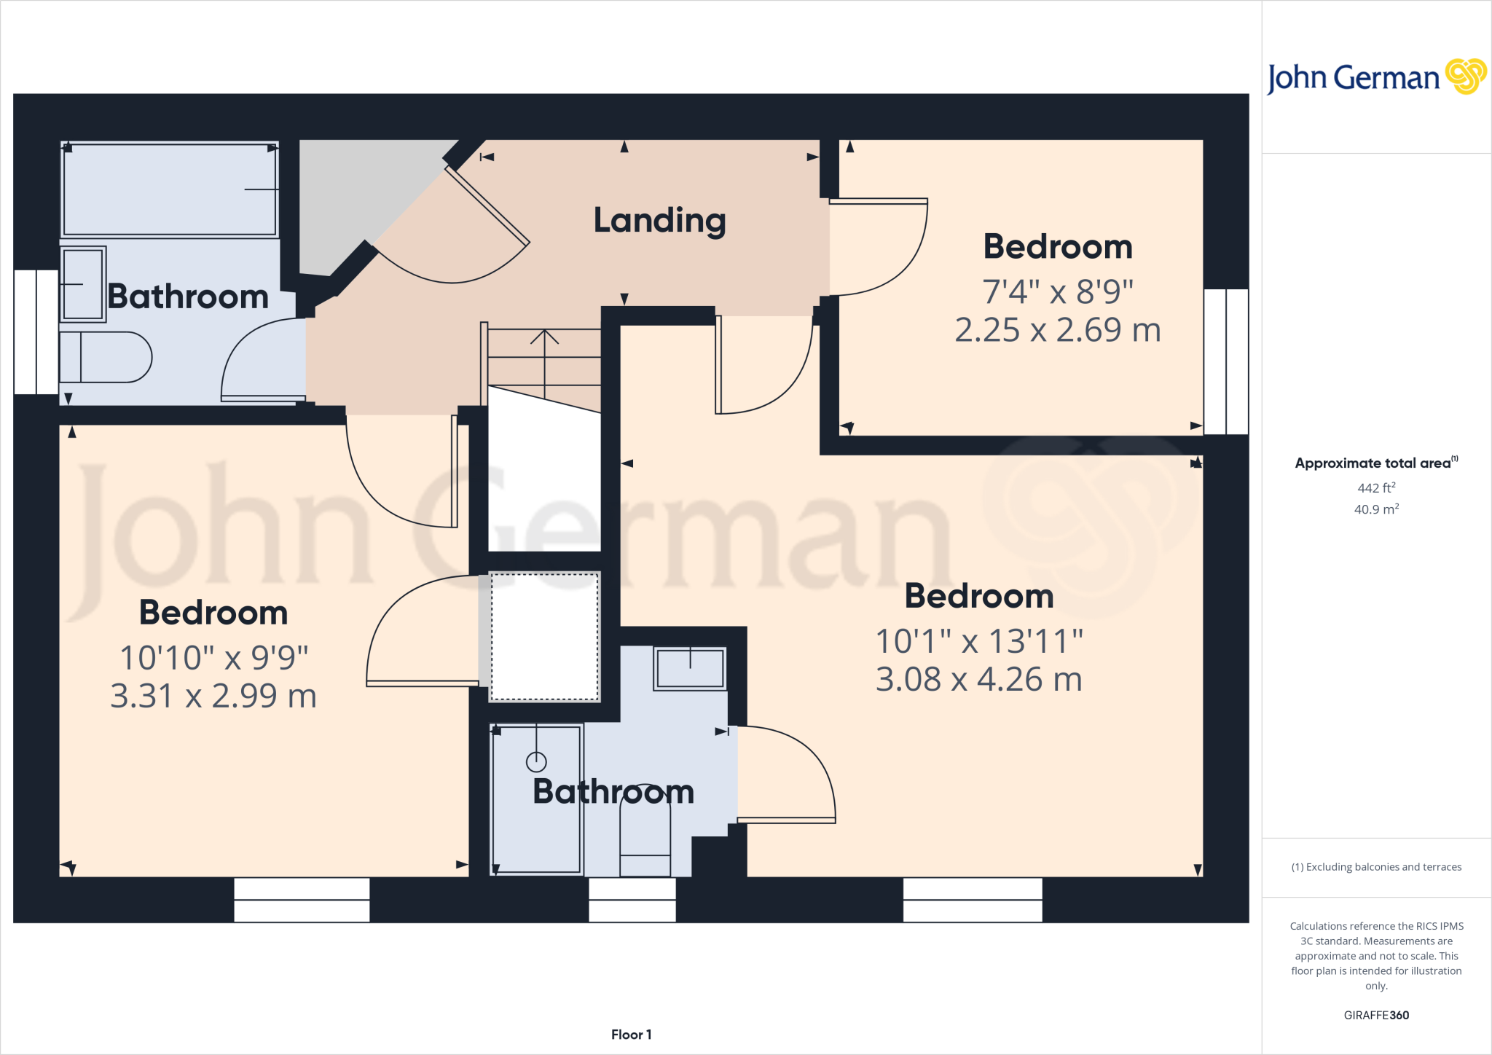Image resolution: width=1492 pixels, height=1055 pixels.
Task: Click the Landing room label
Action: click(x=659, y=220)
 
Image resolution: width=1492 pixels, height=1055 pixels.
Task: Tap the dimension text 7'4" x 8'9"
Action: click(x=1058, y=291)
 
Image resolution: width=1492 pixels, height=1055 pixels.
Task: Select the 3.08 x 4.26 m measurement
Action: click(x=978, y=680)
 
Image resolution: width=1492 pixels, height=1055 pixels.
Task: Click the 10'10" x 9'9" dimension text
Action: click(x=213, y=658)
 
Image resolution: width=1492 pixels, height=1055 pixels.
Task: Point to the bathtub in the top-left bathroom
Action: click(x=169, y=189)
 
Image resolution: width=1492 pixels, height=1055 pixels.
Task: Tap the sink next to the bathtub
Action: click(x=82, y=284)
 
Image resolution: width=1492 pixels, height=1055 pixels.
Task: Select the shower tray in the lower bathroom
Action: click(x=537, y=798)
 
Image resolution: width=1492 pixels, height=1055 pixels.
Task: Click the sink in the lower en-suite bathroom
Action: click(x=690, y=668)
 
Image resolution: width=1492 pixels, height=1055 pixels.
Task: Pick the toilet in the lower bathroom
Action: click(x=645, y=845)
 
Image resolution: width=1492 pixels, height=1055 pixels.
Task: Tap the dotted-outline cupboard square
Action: click(x=544, y=637)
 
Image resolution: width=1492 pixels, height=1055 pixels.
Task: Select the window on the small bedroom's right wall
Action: click(x=1226, y=361)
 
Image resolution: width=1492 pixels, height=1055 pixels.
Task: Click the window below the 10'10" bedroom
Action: click(x=302, y=900)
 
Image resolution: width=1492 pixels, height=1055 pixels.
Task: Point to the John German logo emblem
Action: click(x=1465, y=77)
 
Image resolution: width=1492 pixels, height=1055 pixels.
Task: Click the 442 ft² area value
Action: click(x=1376, y=488)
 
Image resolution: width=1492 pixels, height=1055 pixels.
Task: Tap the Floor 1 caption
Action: click(x=631, y=1035)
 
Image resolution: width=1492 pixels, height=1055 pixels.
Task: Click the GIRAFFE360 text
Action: click(x=1376, y=1015)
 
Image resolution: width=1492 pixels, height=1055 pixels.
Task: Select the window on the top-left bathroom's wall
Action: click(x=36, y=332)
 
